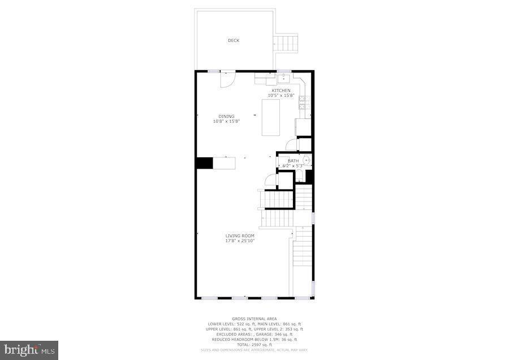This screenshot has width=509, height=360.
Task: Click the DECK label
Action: click(234, 40)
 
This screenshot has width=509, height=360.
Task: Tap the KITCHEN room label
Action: click(281, 91)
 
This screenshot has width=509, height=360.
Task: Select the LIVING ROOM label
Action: click(240, 235)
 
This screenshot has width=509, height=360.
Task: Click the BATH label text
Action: click(293, 161)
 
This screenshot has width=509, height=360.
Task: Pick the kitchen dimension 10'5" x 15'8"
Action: click(281, 96)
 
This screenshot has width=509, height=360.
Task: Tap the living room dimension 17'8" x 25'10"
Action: click(240, 241)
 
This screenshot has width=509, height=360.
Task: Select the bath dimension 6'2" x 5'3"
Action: click(293, 165)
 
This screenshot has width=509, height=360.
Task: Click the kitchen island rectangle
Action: click(270, 117)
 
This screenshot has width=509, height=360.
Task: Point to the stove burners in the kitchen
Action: click(303, 102)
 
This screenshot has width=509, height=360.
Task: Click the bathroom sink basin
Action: click(306, 161)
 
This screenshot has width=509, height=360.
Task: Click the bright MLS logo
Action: click(29, 350)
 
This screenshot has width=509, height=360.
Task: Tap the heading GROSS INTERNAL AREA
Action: click(254, 319)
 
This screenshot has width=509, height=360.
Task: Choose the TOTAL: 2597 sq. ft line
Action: click(255, 345)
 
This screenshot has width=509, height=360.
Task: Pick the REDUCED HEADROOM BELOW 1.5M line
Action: click(255, 340)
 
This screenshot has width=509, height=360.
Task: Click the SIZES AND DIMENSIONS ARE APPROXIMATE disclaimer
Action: click(255, 350)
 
